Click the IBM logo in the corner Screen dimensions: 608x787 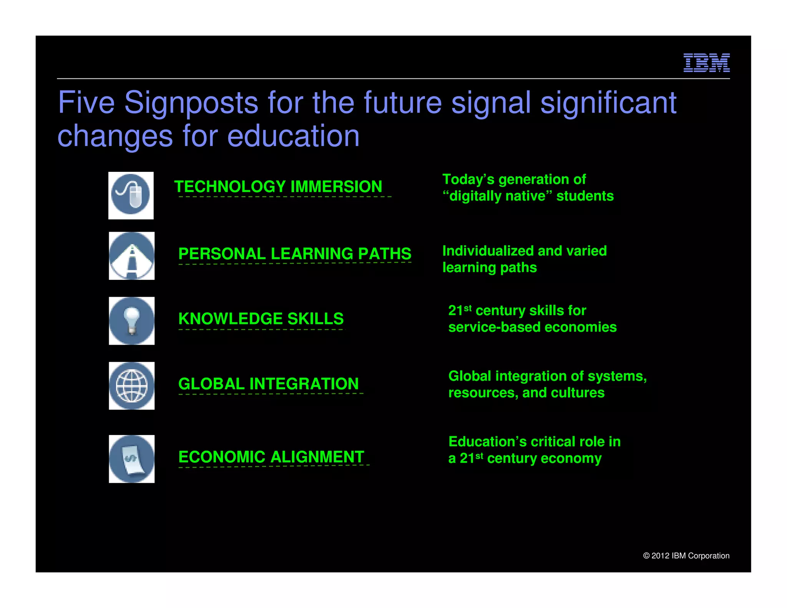point(706,63)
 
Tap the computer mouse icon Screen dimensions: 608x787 point(131,195)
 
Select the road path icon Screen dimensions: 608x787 point(131,256)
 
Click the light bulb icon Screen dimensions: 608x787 point(131,321)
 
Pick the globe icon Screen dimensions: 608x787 point(131,385)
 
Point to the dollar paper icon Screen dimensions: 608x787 point(131,458)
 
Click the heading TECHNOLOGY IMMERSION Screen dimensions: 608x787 point(278,187)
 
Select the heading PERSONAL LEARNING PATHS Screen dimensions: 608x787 point(295,254)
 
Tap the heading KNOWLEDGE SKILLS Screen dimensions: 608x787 point(261,319)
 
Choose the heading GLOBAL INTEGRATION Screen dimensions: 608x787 point(269,384)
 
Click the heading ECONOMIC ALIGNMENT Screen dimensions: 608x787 point(271,457)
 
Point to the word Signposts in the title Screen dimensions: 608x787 point(191,103)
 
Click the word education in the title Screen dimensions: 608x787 point(293,136)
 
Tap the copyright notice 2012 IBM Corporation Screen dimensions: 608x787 point(686,556)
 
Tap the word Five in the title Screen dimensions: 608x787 point(86,103)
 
